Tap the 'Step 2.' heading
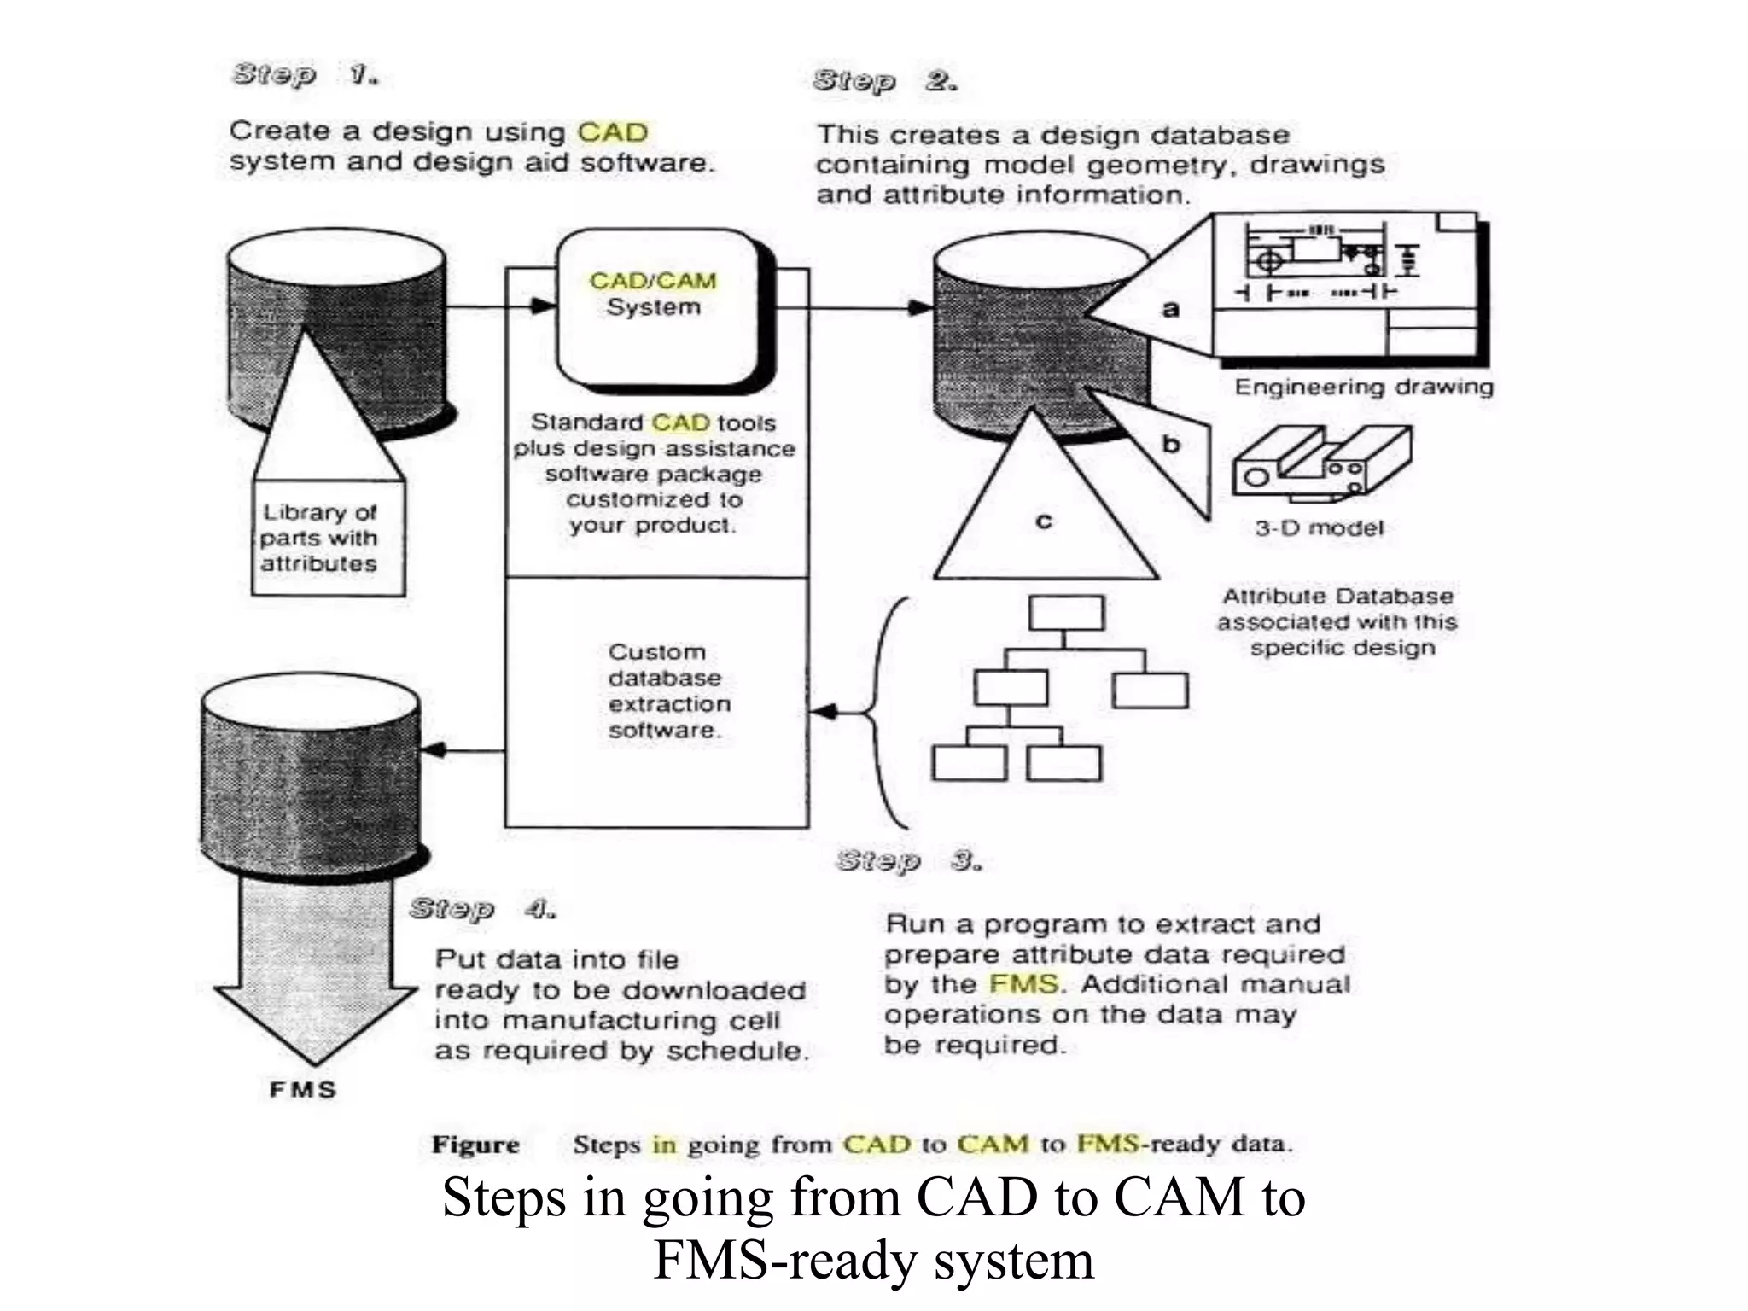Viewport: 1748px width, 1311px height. (884, 81)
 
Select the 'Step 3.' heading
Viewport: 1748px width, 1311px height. (908, 860)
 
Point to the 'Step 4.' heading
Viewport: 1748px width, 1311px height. (482, 909)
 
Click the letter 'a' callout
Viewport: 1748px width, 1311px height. (1171, 309)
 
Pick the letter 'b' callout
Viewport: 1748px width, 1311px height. (1171, 444)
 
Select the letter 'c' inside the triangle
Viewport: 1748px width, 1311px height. (1043, 521)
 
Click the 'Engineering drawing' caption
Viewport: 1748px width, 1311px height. (1363, 387)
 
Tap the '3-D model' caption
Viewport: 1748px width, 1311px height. (1319, 528)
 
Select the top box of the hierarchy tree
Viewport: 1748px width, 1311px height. (1066, 613)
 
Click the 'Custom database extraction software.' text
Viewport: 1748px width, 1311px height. (667, 691)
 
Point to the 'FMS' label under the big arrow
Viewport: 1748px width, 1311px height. (303, 1090)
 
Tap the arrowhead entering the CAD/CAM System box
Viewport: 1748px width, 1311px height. (543, 306)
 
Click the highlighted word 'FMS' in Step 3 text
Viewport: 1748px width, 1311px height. (1023, 984)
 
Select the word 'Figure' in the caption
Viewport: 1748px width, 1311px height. (475, 1145)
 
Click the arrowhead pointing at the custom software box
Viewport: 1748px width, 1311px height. (823, 711)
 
